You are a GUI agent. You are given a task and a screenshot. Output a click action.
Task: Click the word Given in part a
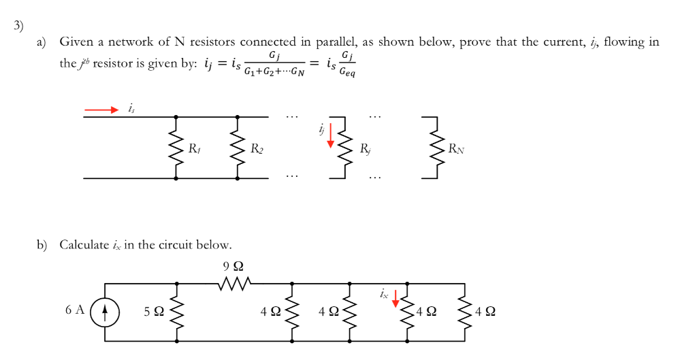click(76, 42)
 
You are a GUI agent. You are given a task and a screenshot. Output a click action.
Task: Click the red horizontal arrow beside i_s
click(101, 108)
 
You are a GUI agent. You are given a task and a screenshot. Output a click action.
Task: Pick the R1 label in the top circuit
click(194, 148)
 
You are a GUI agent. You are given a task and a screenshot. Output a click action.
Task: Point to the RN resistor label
click(455, 148)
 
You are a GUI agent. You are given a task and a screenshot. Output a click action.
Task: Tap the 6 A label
click(75, 310)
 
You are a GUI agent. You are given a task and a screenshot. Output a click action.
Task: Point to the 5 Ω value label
click(154, 312)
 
